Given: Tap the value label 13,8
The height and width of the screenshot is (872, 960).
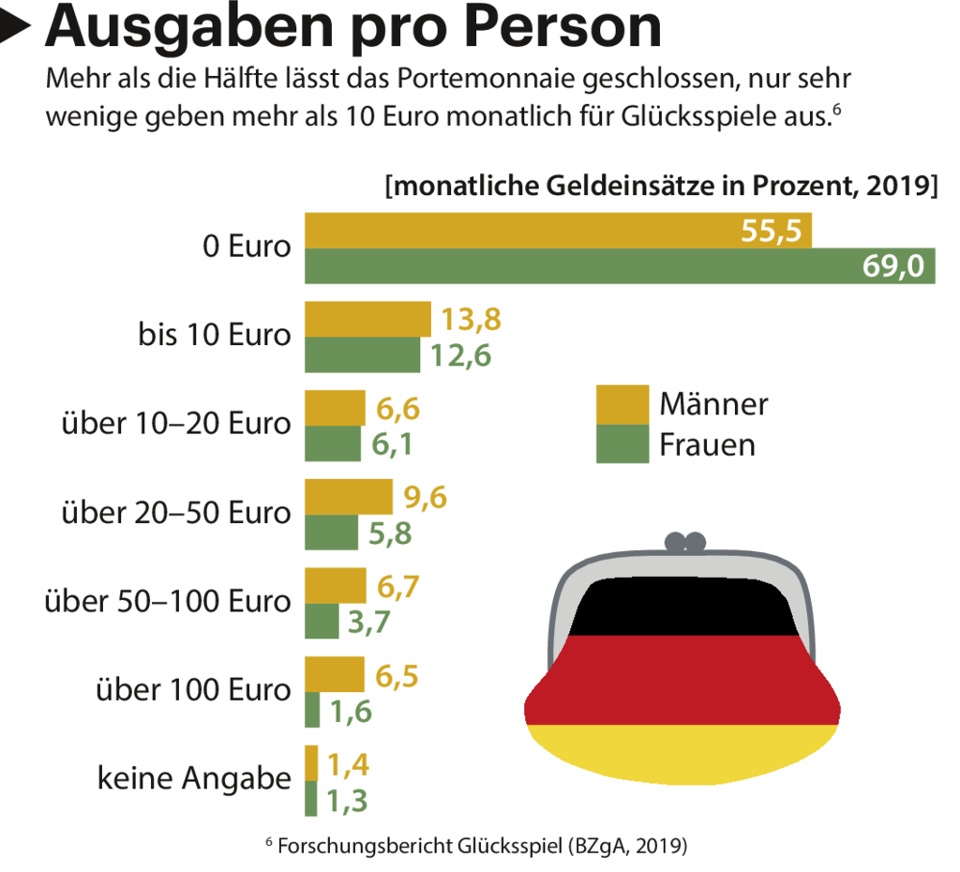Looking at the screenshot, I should tap(472, 320).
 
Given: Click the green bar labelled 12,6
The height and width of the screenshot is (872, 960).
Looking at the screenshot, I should tap(362, 355).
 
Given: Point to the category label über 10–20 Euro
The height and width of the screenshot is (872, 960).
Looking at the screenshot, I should tap(176, 424).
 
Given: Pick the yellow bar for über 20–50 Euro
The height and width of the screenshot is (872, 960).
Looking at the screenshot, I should tap(349, 496).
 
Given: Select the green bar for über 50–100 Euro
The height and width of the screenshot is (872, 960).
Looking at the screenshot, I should tap(322, 621).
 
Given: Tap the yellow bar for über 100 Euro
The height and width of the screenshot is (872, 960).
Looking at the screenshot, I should tap(335, 674).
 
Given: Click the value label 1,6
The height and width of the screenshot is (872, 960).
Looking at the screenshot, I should tap(351, 712).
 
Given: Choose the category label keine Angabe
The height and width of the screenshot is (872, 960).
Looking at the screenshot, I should tap(194, 779).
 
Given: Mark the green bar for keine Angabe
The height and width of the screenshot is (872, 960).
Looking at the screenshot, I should tap(311, 799).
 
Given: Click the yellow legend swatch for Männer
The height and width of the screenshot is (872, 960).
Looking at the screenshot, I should tap(622, 404).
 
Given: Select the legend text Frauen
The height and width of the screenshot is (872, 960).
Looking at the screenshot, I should tap(707, 444).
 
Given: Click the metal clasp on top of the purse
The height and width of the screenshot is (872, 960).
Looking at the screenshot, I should tap(684, 543).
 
